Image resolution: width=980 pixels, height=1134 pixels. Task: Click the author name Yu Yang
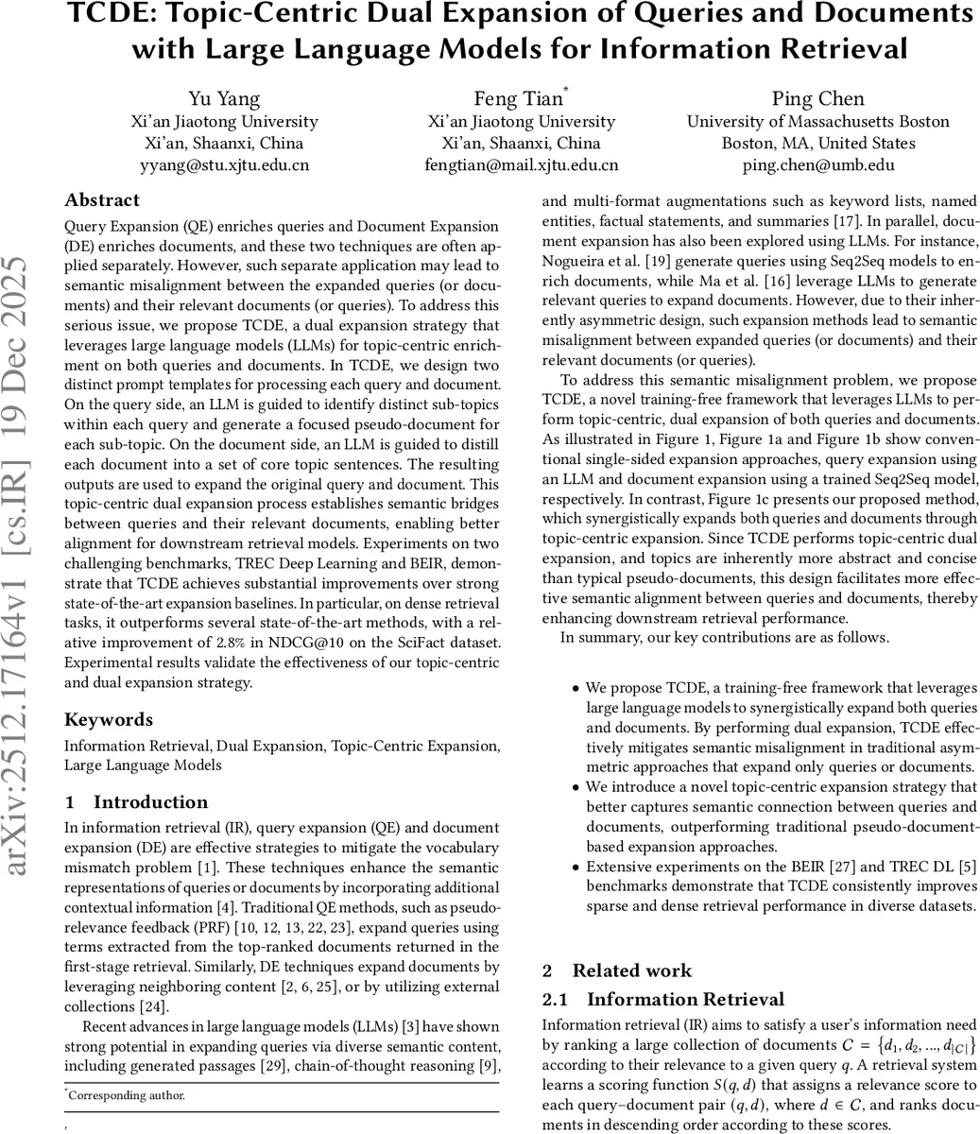point(225,99)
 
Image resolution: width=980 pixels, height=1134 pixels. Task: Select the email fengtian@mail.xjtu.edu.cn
point(522,164)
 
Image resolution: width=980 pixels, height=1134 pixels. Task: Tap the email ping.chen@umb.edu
point(818,164)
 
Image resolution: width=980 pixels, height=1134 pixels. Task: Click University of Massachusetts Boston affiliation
point(818,121)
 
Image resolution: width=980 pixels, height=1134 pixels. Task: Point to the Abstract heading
point(102,200)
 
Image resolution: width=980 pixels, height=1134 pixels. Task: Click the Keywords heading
point(109,720)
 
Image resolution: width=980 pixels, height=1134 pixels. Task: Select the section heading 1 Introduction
point(136,802)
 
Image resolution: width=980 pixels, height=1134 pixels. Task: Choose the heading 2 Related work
point(617,971)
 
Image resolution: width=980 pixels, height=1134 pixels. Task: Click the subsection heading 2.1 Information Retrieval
point(662,1000)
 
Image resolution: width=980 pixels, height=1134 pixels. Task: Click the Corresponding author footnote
point(127,1096)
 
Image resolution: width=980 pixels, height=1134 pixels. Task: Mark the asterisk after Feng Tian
point(566,91)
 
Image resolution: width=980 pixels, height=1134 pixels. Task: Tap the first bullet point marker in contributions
point(576,689)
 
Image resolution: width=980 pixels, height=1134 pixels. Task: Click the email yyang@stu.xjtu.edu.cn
point(225,164)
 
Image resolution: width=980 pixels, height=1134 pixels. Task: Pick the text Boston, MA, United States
point(818,143)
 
